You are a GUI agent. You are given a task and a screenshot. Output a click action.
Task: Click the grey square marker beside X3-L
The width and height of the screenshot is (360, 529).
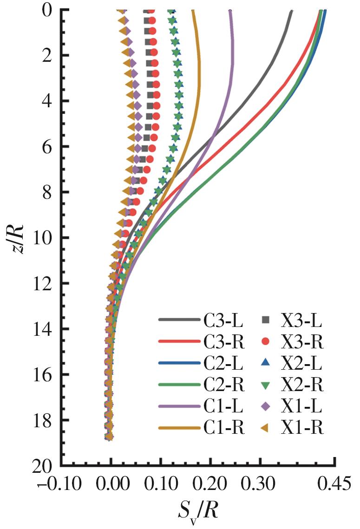(x=266, y=320)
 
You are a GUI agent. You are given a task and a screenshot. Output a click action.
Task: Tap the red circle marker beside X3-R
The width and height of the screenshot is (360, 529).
(x=266, y=341)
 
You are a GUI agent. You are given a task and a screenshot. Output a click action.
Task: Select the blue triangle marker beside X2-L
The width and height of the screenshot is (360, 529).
(x=266, y=363)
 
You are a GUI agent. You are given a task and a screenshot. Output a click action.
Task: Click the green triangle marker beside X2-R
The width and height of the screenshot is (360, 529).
(x=266, y=385)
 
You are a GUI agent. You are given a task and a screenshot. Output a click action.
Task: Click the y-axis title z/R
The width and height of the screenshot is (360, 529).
(x=17, y=237)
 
